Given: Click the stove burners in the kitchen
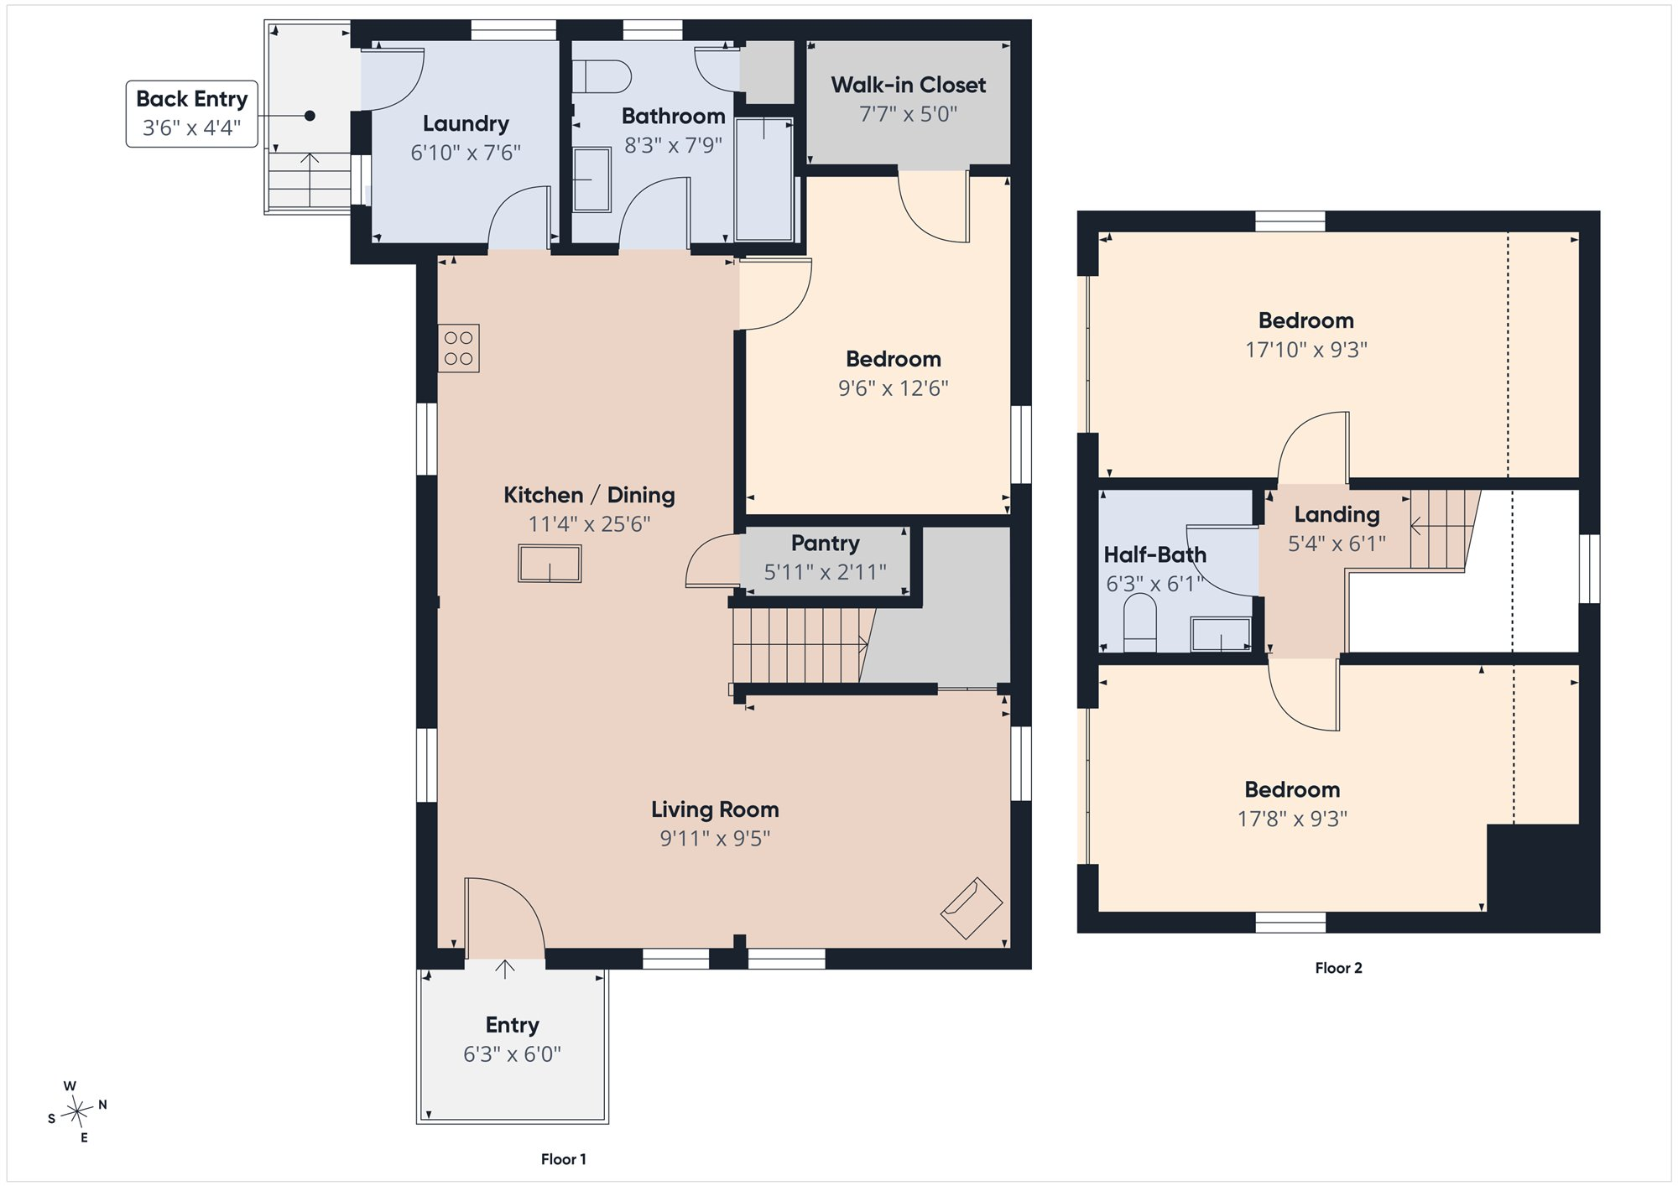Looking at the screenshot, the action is pyautogui.click(x=458, y=348).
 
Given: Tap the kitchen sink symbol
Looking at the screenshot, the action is pyautogui.click(x=550, y=563).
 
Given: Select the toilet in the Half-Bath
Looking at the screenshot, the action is pyautogui.click(x=1139, y=622).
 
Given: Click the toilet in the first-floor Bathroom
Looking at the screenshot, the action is pyautogui.click(x=602, y=76).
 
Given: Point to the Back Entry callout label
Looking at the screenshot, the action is pyautogui.click(x=191, y=113).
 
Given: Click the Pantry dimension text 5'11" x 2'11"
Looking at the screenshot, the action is pyautogui.click(x=825, y=572).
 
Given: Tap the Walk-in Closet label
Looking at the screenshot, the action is pyautogui.click(x=909, y=85).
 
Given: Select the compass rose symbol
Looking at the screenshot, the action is pyautogui.click(x=78, y=1112).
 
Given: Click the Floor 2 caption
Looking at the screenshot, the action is pyautogui.click(x=1338, y=968).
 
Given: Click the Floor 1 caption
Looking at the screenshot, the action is pyautogui.click(x=564, y=1159).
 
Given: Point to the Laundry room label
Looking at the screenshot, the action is pyautogui.click(x=466, y=124).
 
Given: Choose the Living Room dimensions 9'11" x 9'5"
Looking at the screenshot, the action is pyautogui.click(x=715, y=838).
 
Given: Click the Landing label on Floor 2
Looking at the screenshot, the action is pyautogui.click(x=1337, y=514).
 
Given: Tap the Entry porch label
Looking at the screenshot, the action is pyautogui.click(x=512, y=1025).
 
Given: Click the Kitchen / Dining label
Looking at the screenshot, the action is pyautogui.click(x=589, y=495).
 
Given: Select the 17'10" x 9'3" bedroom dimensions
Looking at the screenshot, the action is pyautogui.click(x=1306, y=350).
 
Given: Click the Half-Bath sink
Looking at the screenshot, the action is pyautogui.click(x=1221, y=634).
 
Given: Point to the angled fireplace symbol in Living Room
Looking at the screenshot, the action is pyautogui.click(x=972, y=908).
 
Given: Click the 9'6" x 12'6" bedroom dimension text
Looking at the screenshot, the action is pyautogui.click(x=894, y=388).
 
